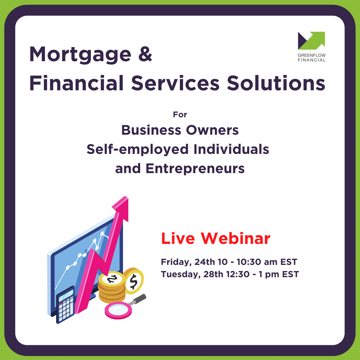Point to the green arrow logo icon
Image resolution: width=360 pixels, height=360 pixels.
click(x=311, y=40)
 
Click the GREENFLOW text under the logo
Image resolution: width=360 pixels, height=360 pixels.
click(x=311, y=55)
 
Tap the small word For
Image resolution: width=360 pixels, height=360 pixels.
click(x=180, y=115)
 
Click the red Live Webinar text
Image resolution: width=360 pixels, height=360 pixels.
click(x=216, y=238)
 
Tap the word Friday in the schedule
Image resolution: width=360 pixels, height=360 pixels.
click(x=176, y=262)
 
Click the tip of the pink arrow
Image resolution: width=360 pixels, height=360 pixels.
click(x=125, y=196)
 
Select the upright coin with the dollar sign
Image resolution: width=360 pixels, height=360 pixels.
click(x=133, y=281)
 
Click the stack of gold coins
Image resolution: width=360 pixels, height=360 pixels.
click(x=112, y=287)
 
